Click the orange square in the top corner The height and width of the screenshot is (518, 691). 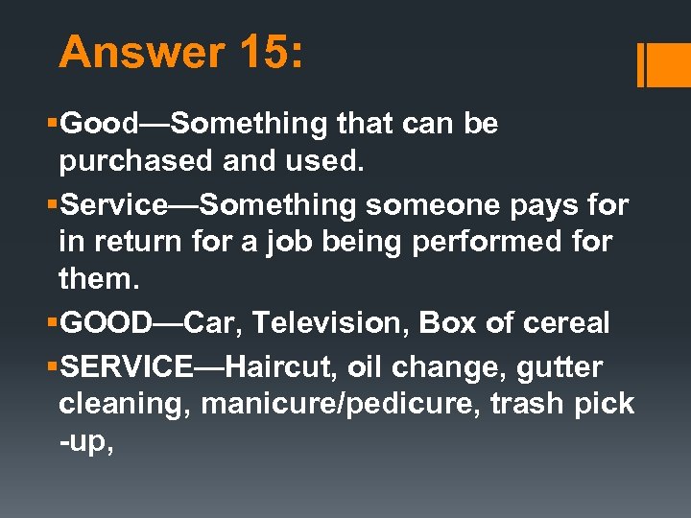pyautogui.click(x=670, y=65)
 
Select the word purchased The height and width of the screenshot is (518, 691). pyautogui.click(x=136, y=161)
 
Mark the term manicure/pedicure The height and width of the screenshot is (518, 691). pyautogui.click(x=341, y=404)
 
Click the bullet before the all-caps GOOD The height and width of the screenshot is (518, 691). pyautogui.click(x=54, y=324)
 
